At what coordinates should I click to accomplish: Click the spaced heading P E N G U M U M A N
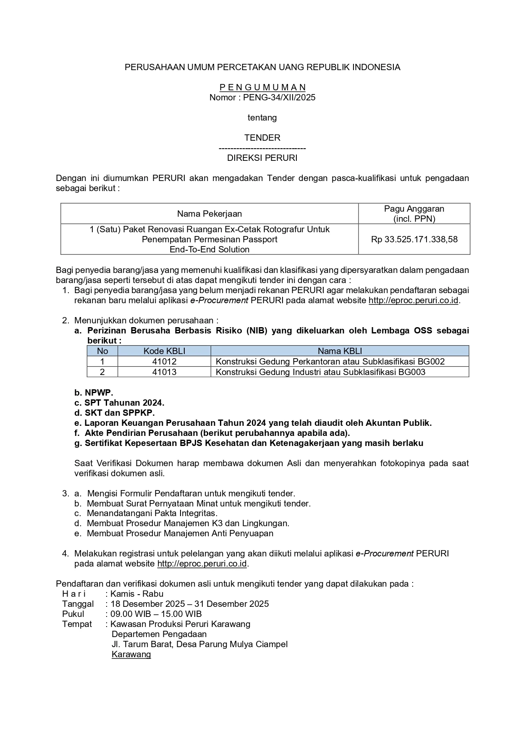[x=262, y=87]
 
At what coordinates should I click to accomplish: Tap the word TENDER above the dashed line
[x=262, y=138]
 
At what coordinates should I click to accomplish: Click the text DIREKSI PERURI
[x=262, y=158]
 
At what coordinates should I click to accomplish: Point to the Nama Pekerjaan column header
[x=209, y=214]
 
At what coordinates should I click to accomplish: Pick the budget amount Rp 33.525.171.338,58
[x=414, y=239]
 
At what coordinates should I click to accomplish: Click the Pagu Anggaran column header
[x=414, y=213]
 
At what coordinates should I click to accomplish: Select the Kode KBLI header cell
[x=164, y=351]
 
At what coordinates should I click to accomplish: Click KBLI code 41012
[x=164, y=362]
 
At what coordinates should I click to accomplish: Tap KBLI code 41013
[x=164, y=372]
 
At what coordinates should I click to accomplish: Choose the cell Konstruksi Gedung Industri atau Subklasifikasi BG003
[x=320, y=372]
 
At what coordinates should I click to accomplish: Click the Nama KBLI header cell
[x=340, y=351]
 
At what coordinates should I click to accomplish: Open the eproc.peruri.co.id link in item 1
[x=413, y=301]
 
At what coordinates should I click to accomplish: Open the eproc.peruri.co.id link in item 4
[x=202, y=564]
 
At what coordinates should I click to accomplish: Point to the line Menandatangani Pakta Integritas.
[x=152, y=513]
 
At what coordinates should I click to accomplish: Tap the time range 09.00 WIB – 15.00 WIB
[x=156, y=614]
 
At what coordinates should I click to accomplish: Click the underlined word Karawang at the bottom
[x=131, y=654]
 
